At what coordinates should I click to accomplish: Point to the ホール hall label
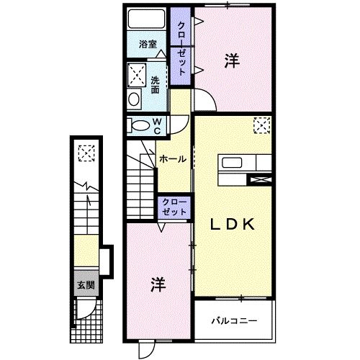(x=173, y=158)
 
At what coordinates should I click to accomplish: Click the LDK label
(x=233, y=225)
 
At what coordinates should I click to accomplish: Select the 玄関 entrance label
(x=86, y=285)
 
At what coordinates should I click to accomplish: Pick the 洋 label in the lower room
(x=158, y=284)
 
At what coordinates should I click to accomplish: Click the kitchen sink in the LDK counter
(x=233, y=162)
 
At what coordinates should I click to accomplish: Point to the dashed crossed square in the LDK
(x=260, y=127)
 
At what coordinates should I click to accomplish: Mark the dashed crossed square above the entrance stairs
(x=86, y=153)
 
